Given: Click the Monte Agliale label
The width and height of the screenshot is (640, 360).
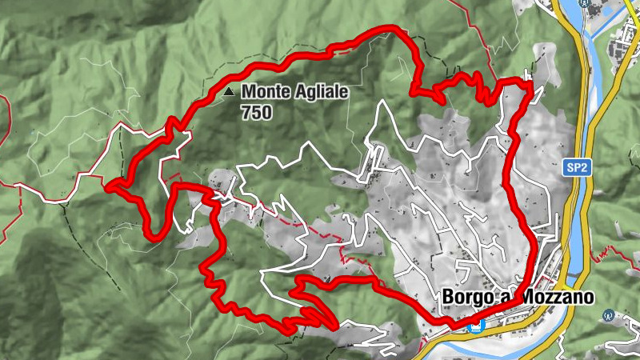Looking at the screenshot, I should pos(295,93).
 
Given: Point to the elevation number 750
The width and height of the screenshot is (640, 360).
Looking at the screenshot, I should pos(256,112).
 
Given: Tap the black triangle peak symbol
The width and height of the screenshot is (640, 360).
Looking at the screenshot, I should pos(230,93).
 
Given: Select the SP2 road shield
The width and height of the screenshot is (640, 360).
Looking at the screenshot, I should pos(575,168).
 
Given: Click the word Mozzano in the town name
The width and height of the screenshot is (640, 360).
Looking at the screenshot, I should pos(558,298).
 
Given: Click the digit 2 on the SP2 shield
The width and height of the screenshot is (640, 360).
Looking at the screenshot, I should pos(582,168).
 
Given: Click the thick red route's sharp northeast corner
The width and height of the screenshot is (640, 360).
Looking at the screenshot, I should pos(529,82).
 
